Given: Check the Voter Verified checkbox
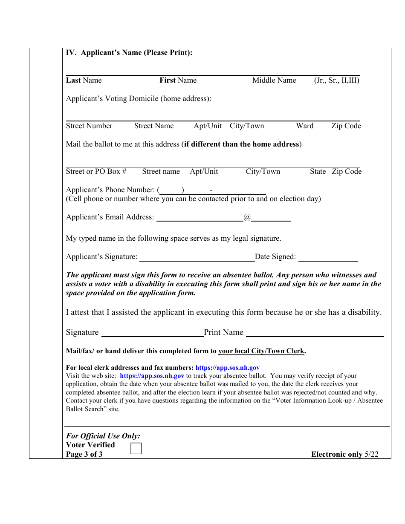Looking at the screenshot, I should point(136,449).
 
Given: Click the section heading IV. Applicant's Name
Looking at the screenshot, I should point(129,53).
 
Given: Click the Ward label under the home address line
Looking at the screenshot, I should point(305,126).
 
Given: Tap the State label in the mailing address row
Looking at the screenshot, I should point(318,172).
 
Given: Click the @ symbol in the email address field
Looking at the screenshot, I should point(247,217).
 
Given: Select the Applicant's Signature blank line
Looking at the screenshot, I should point(197,257).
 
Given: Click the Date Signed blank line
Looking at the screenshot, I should point(328,257).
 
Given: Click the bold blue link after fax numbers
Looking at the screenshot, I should point(227,368).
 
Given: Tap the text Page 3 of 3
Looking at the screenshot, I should point(84,454).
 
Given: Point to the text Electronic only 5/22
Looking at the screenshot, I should point(344,454).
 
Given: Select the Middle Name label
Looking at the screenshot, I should point(274,81).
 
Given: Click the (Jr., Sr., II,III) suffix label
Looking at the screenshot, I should point(337,81).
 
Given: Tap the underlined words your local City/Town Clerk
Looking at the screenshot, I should point(261,351).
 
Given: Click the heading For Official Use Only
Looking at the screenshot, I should point(103,436).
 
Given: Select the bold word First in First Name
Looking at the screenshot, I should point(168,81).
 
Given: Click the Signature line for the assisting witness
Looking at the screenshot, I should point(152,333).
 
